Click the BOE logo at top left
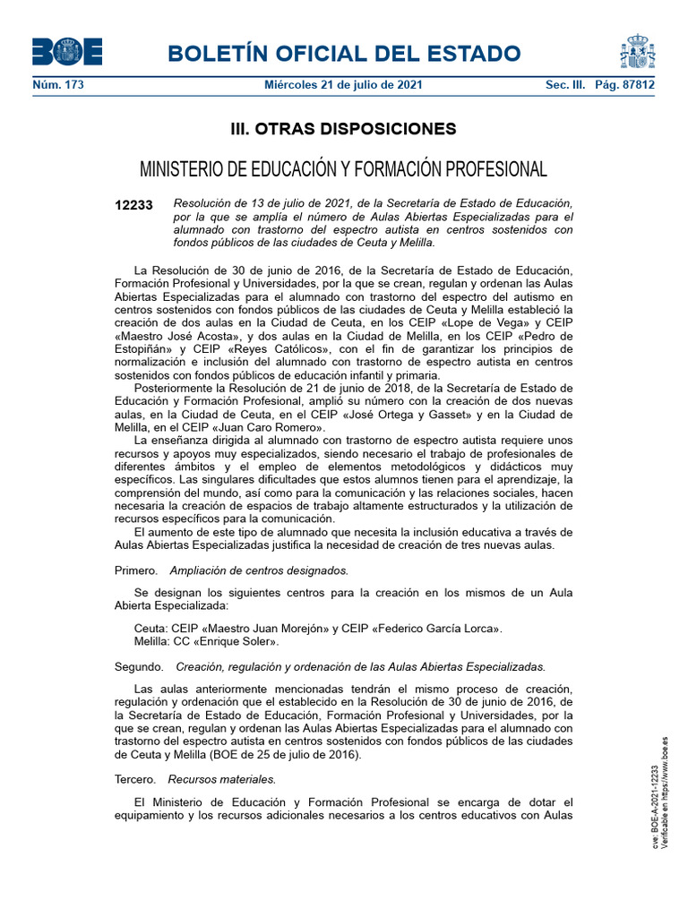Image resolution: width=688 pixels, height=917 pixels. click(67, 52)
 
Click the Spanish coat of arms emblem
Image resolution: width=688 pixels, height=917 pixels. click(637, 52)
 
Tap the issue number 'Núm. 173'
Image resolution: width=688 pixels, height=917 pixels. click(56, 85)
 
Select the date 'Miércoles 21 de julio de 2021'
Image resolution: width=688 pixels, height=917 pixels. click(344, 85)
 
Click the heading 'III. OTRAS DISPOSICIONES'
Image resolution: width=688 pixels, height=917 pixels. click(344, 129)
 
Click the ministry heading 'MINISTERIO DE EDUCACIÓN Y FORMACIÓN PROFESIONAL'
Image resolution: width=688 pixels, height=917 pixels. click(344, 169)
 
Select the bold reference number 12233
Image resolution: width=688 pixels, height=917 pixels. click(134, 205)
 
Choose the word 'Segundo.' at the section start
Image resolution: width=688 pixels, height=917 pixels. click(139, 667)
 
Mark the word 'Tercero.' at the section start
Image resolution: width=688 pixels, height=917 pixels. click(135, 779)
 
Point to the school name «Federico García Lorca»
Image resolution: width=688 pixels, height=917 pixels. click(433, 628)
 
